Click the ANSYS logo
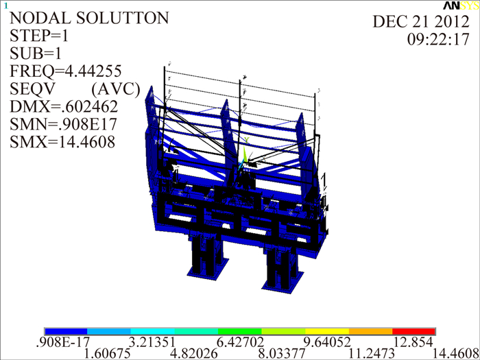(461, 5)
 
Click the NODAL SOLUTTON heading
(89, 18)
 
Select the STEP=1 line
(39, 36)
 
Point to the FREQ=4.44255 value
(66, 71)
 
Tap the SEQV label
(32, 88)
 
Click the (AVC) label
(116, 89)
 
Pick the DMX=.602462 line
(64, 106)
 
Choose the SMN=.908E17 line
(63, 124)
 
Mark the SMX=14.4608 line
(62, 142)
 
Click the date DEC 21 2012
(421, 22)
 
